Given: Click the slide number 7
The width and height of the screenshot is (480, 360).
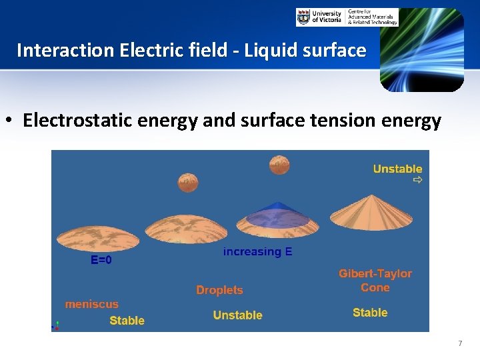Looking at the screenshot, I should (x=459, y=343).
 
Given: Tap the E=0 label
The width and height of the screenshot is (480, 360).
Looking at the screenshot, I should (x=101, y=261).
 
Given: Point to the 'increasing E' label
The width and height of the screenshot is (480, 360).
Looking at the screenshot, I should (x=257, y=252).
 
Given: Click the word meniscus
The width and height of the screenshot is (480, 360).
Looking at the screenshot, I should (x=91, y=304).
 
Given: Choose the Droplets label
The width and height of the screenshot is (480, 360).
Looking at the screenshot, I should (x=219, y=290).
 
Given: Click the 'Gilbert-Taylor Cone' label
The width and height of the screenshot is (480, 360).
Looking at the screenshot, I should (x=375, y=281).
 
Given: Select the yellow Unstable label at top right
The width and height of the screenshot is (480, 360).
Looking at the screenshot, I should (x=397, y=169).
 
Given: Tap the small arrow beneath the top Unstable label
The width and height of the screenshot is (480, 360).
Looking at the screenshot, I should (x=417, y=180).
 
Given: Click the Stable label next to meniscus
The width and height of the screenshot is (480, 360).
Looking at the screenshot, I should (x=127, y=321).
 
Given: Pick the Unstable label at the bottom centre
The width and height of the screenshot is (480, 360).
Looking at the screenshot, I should (x=237, y=315).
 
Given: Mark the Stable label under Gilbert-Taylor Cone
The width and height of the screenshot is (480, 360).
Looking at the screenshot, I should (x=370, y=313).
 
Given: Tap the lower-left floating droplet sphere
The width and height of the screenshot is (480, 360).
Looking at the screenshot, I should (x=188, y=182).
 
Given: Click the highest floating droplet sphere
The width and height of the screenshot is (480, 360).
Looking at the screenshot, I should (x=279, y=164).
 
